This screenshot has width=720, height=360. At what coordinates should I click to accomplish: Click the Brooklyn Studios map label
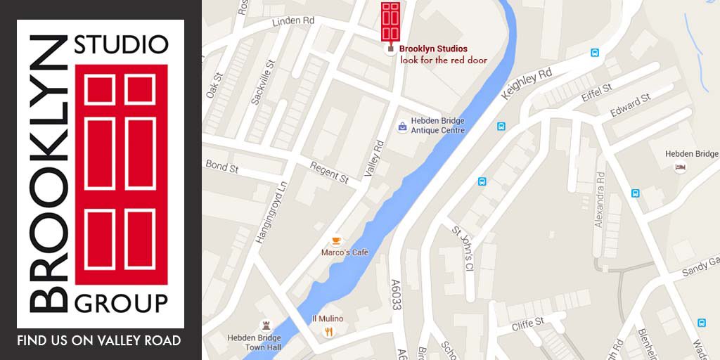pos(432,49)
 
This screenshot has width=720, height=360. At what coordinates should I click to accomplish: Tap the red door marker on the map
pos(390,22)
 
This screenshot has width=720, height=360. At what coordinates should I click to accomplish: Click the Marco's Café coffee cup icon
pos(337,240)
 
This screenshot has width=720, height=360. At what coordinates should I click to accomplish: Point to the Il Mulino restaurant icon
pos(328,331)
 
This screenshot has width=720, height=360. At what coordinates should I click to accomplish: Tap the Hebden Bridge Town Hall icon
pos(266,325)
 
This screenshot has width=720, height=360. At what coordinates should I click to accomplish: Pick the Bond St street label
pos(222,167)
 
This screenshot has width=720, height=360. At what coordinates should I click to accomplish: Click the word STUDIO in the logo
pos(122,44)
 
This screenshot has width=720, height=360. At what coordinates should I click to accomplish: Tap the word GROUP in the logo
pos(121,303)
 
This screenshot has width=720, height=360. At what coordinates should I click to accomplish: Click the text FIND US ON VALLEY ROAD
pos(99,341)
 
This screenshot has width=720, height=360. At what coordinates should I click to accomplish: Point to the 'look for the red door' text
pos(444,60)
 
